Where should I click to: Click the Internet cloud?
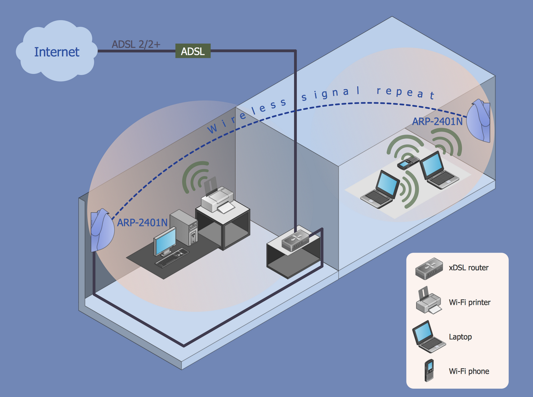pos(57,52)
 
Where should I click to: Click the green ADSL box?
pos(193,51)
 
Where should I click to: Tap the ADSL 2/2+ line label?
pos(136,44)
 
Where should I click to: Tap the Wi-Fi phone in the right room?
pos(408,163)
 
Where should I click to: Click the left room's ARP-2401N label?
pos(142,223)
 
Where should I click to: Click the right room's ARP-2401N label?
pos(437,122)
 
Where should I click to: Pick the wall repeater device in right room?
pos(479,121)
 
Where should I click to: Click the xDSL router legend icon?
pos(429,269)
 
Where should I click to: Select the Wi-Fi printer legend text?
pos(469,302)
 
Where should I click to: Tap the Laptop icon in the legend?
pos(428,337)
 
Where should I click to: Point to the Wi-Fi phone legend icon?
pos(429,370)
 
